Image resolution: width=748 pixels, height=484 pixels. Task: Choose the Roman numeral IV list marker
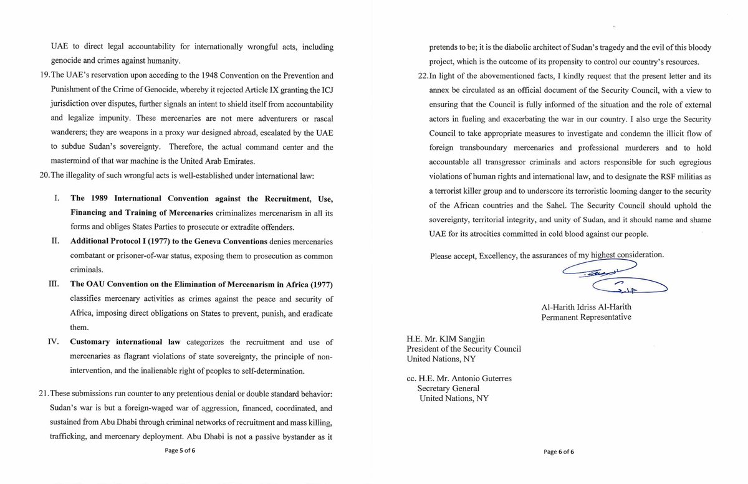click(x=55, y=342)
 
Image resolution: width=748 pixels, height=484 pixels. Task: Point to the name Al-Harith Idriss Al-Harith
click(x=585, y=306)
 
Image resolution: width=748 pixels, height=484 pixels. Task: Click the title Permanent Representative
click(x=587, y=317)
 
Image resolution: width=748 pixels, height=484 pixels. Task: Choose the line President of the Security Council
click(x=463, y=349)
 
